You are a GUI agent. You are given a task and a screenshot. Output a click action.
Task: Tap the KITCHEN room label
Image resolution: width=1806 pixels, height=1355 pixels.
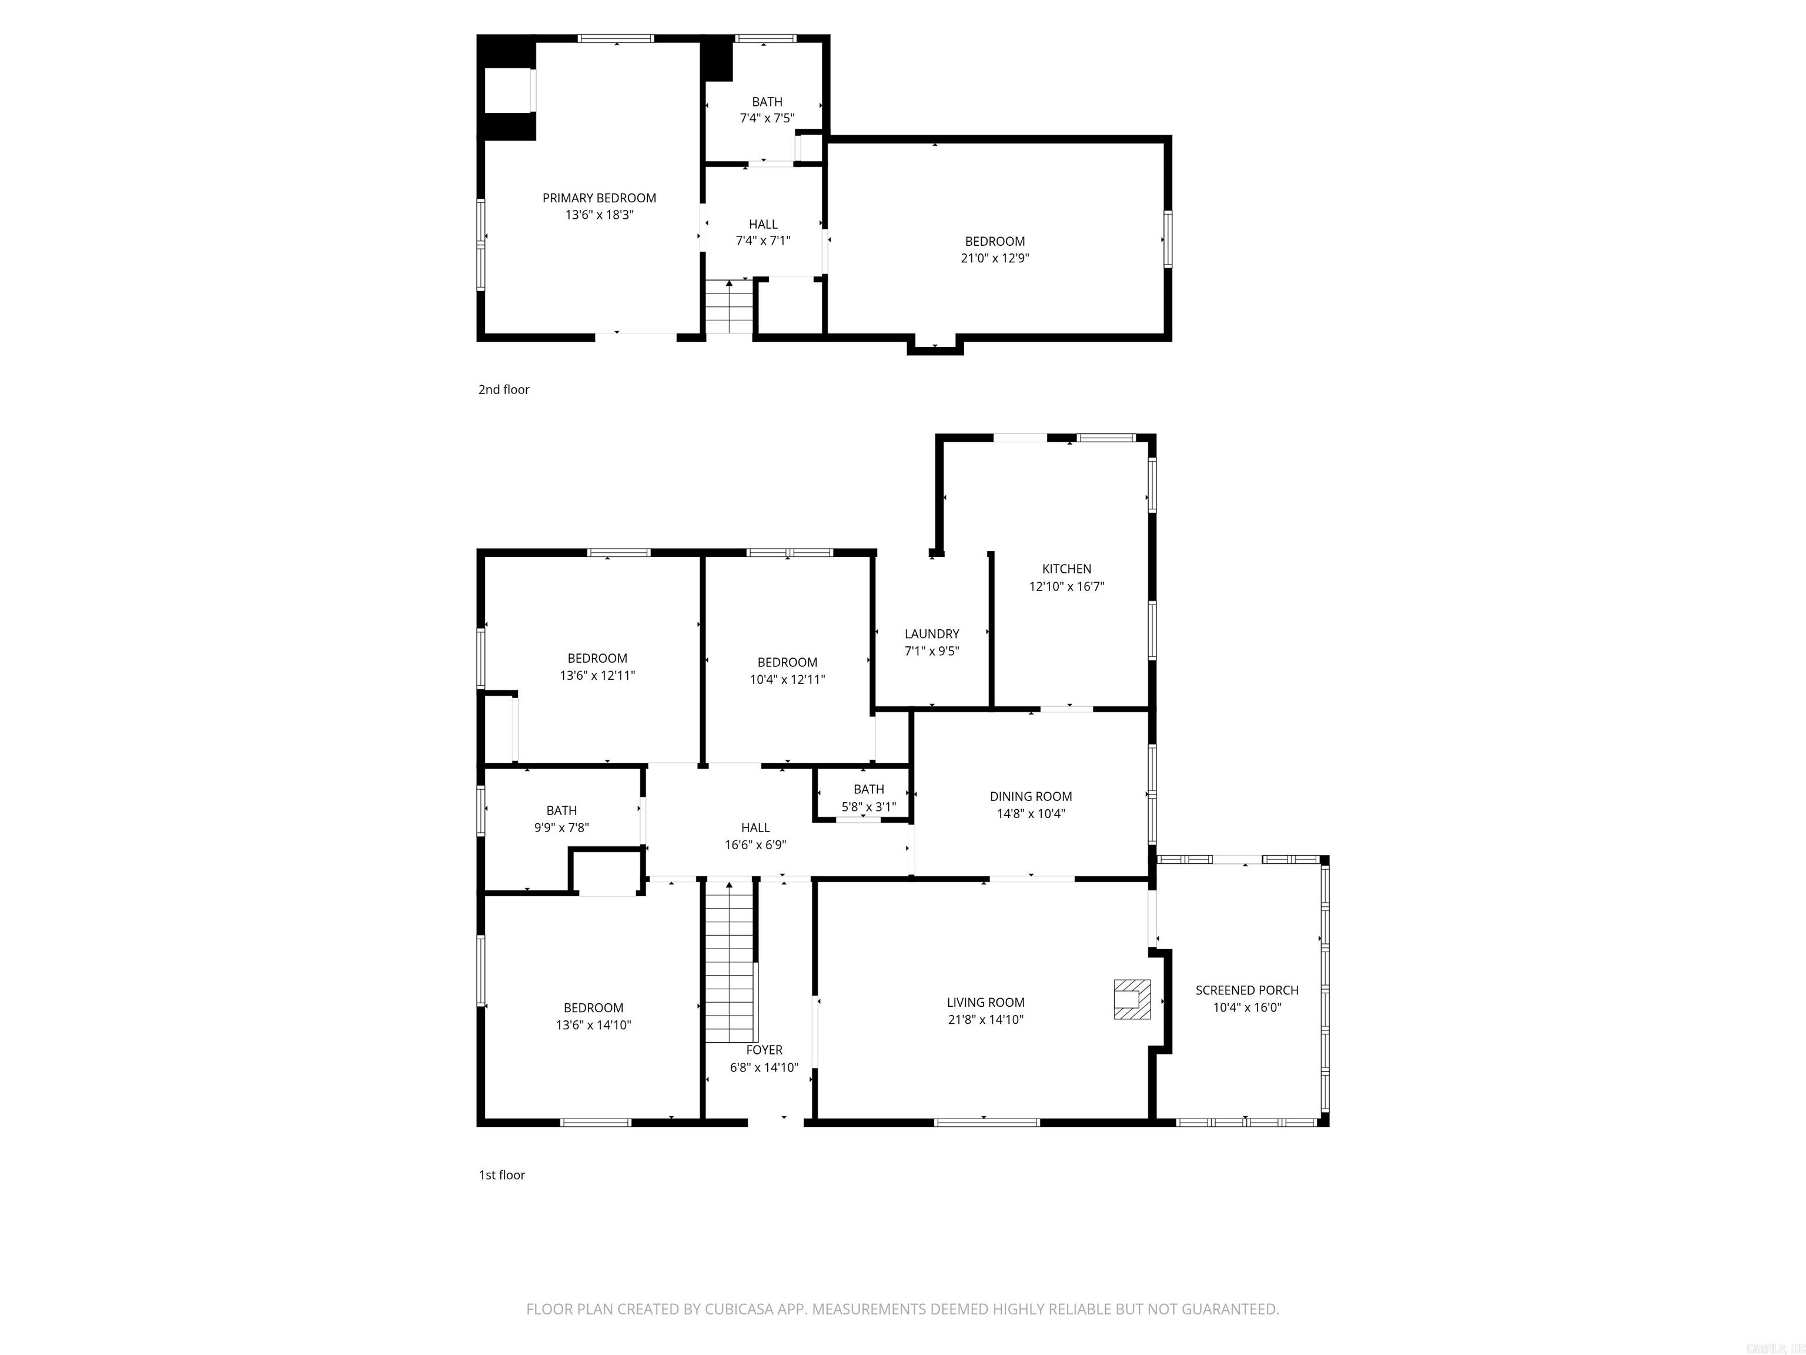click(x=1066, y=569)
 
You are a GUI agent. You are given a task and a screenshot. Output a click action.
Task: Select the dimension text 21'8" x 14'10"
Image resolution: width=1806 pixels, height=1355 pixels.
click(x=985, y=1019)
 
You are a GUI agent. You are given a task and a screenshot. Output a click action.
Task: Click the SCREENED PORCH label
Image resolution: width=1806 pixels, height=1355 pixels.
click(x=1247, y=990)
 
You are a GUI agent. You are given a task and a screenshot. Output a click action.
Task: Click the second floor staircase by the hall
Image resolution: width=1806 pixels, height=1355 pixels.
click(x=729, y=307)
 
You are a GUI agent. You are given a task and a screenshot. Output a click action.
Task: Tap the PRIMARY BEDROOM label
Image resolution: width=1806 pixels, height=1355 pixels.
click(x=599, y=198)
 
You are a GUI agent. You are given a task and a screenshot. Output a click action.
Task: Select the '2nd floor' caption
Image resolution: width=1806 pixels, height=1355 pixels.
click(x=504, y=389)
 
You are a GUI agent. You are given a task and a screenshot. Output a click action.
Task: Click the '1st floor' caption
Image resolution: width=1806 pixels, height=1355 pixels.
click(x=501, y=1174)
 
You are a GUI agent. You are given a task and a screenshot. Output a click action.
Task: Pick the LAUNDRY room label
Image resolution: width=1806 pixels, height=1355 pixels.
click(x=932, y=634)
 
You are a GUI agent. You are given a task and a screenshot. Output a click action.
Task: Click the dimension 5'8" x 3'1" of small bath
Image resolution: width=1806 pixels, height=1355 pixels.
click(x=869, y=807)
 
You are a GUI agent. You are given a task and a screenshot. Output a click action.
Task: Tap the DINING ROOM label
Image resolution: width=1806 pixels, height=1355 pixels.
click(x=1031, y=796)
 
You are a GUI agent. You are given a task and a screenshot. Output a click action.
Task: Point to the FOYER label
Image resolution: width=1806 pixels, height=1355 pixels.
click(x=764, y=1050)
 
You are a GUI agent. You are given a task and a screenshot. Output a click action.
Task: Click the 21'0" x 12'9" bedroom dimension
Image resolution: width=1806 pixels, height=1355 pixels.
click(x=995, y=258)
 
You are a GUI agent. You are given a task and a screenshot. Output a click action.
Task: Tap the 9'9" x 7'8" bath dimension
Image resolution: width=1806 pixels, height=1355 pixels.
click(x=561, y=827)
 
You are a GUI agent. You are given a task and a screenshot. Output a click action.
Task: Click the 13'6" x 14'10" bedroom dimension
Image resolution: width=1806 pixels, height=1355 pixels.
click(x=594, y=1025)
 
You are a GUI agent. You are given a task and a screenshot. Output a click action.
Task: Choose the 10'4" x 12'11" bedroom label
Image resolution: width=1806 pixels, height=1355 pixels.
click(x=787, y=662)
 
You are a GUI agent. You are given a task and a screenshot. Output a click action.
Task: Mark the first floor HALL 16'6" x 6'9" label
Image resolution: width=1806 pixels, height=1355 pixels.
click(x=755, y=828)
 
